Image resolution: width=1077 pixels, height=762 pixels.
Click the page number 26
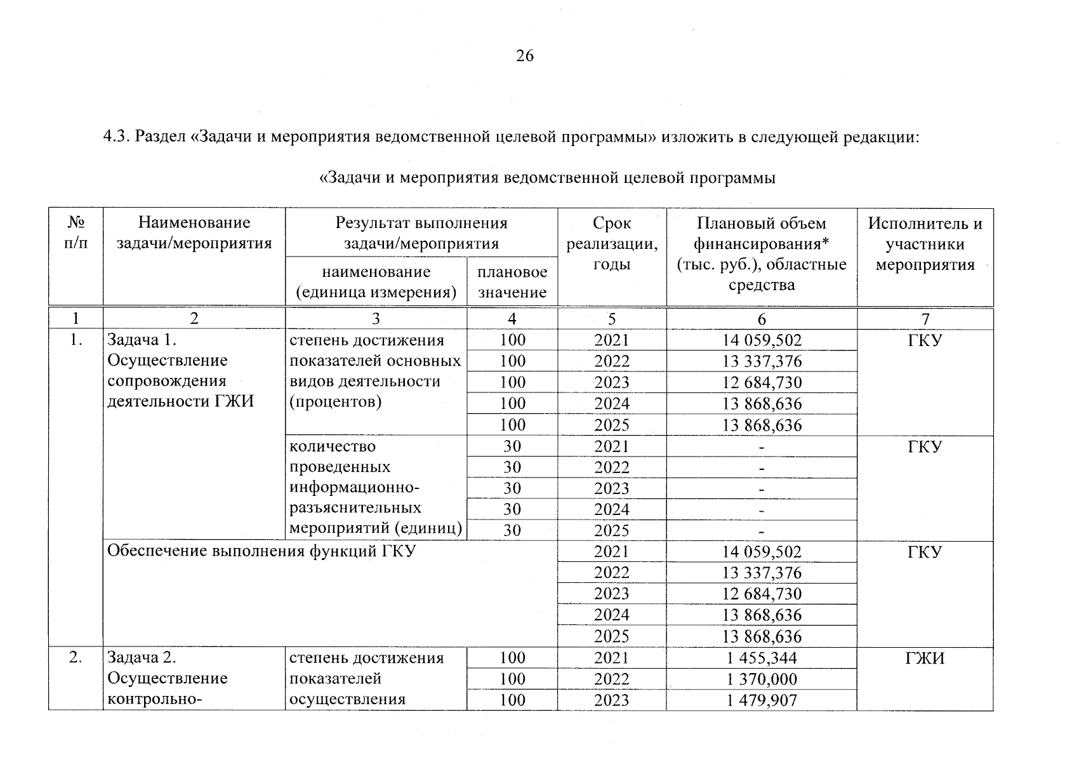(x=525, y=56)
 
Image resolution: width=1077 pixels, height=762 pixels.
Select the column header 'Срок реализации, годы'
(x=611, y=244)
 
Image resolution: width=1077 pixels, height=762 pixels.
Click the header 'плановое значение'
(x=512, y=282)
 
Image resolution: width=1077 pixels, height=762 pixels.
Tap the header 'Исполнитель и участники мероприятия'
(x=925, y=244)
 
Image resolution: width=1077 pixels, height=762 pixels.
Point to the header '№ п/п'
(x=76, y=233)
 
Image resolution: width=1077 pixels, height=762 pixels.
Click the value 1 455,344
(x=762, y=658)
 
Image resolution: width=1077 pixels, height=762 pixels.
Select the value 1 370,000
(x=762, y=679)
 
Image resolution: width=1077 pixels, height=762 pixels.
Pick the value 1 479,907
(x=762, y=700)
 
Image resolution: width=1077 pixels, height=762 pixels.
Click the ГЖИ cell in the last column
(x=925, y=658)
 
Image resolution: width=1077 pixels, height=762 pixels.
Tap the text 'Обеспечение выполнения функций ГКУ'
(x=261, y=551)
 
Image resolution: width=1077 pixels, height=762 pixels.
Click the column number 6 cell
(x=762, y=319)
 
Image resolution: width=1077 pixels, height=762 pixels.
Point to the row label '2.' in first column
(x=76, y=658)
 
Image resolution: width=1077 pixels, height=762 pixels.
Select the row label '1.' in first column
(x=76, y=340)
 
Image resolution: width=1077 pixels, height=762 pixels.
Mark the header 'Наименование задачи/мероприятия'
(x=194, y=233)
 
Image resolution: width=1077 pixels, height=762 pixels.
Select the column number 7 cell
(x=925, y=319)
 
